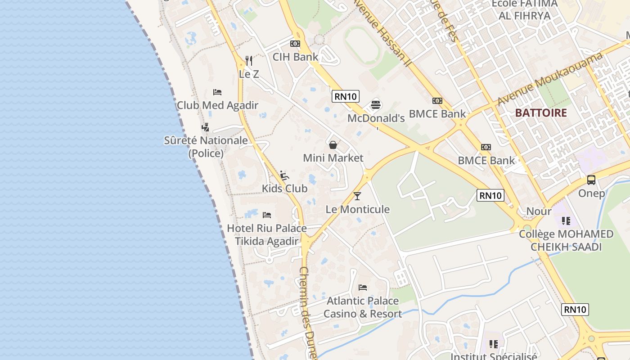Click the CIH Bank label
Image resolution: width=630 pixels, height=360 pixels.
coord(295,57)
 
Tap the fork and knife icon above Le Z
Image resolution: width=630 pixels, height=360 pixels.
coord(249,60)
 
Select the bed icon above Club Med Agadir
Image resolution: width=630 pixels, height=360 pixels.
coord(217,92)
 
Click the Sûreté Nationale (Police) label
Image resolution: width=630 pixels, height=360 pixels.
coord(206,147)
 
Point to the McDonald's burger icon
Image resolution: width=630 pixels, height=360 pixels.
coord(376,105)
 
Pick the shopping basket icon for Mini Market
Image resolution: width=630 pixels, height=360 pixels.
coord(333,145)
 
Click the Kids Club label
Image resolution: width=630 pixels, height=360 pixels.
coord(285,189)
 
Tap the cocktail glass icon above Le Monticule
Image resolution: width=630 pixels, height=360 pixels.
coord(357,196)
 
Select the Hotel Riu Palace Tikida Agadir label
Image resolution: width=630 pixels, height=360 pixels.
coord(267,234)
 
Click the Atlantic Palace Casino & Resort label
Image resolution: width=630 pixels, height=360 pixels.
coord(363,307)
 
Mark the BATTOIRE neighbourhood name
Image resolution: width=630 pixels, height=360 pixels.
coord(541,112)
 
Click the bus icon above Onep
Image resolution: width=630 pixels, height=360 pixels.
coord(591,180)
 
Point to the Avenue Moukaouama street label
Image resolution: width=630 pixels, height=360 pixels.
coord(549,80)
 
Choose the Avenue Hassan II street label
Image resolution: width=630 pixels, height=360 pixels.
coord(382,32)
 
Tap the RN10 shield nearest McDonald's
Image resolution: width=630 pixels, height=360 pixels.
coord(346,96)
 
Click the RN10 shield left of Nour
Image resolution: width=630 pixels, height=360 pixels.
coord(490,195)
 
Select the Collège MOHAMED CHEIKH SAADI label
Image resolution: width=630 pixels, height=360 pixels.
coord(566,240)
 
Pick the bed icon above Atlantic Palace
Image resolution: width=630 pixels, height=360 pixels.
coord(363,288)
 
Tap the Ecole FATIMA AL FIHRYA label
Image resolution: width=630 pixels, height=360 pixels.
coord(525,9)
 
